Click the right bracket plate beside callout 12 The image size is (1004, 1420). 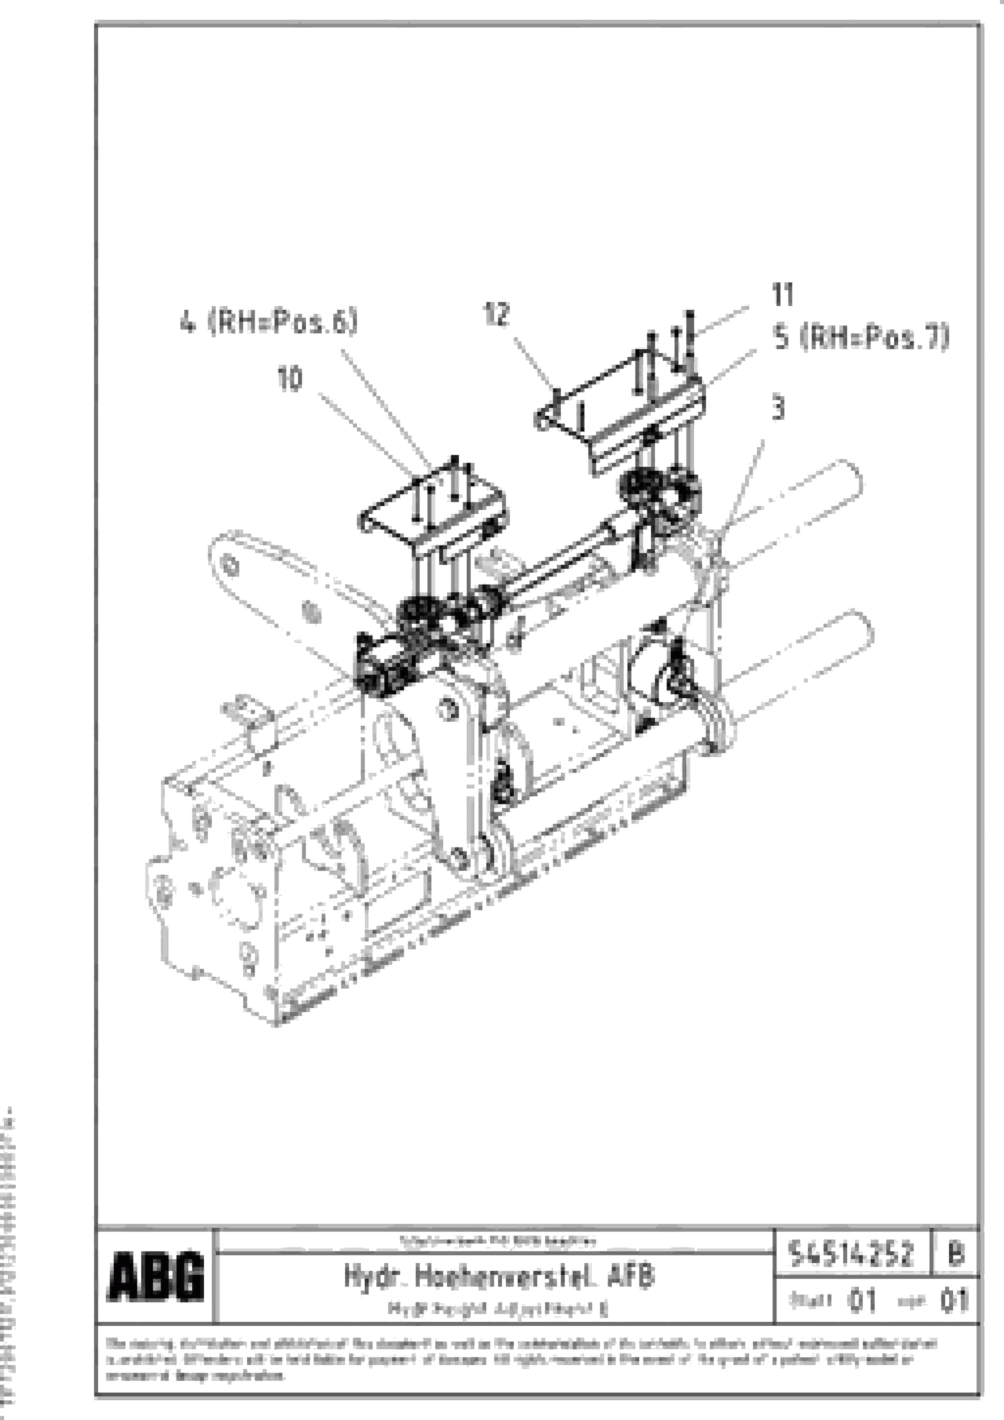coord(619,421)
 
